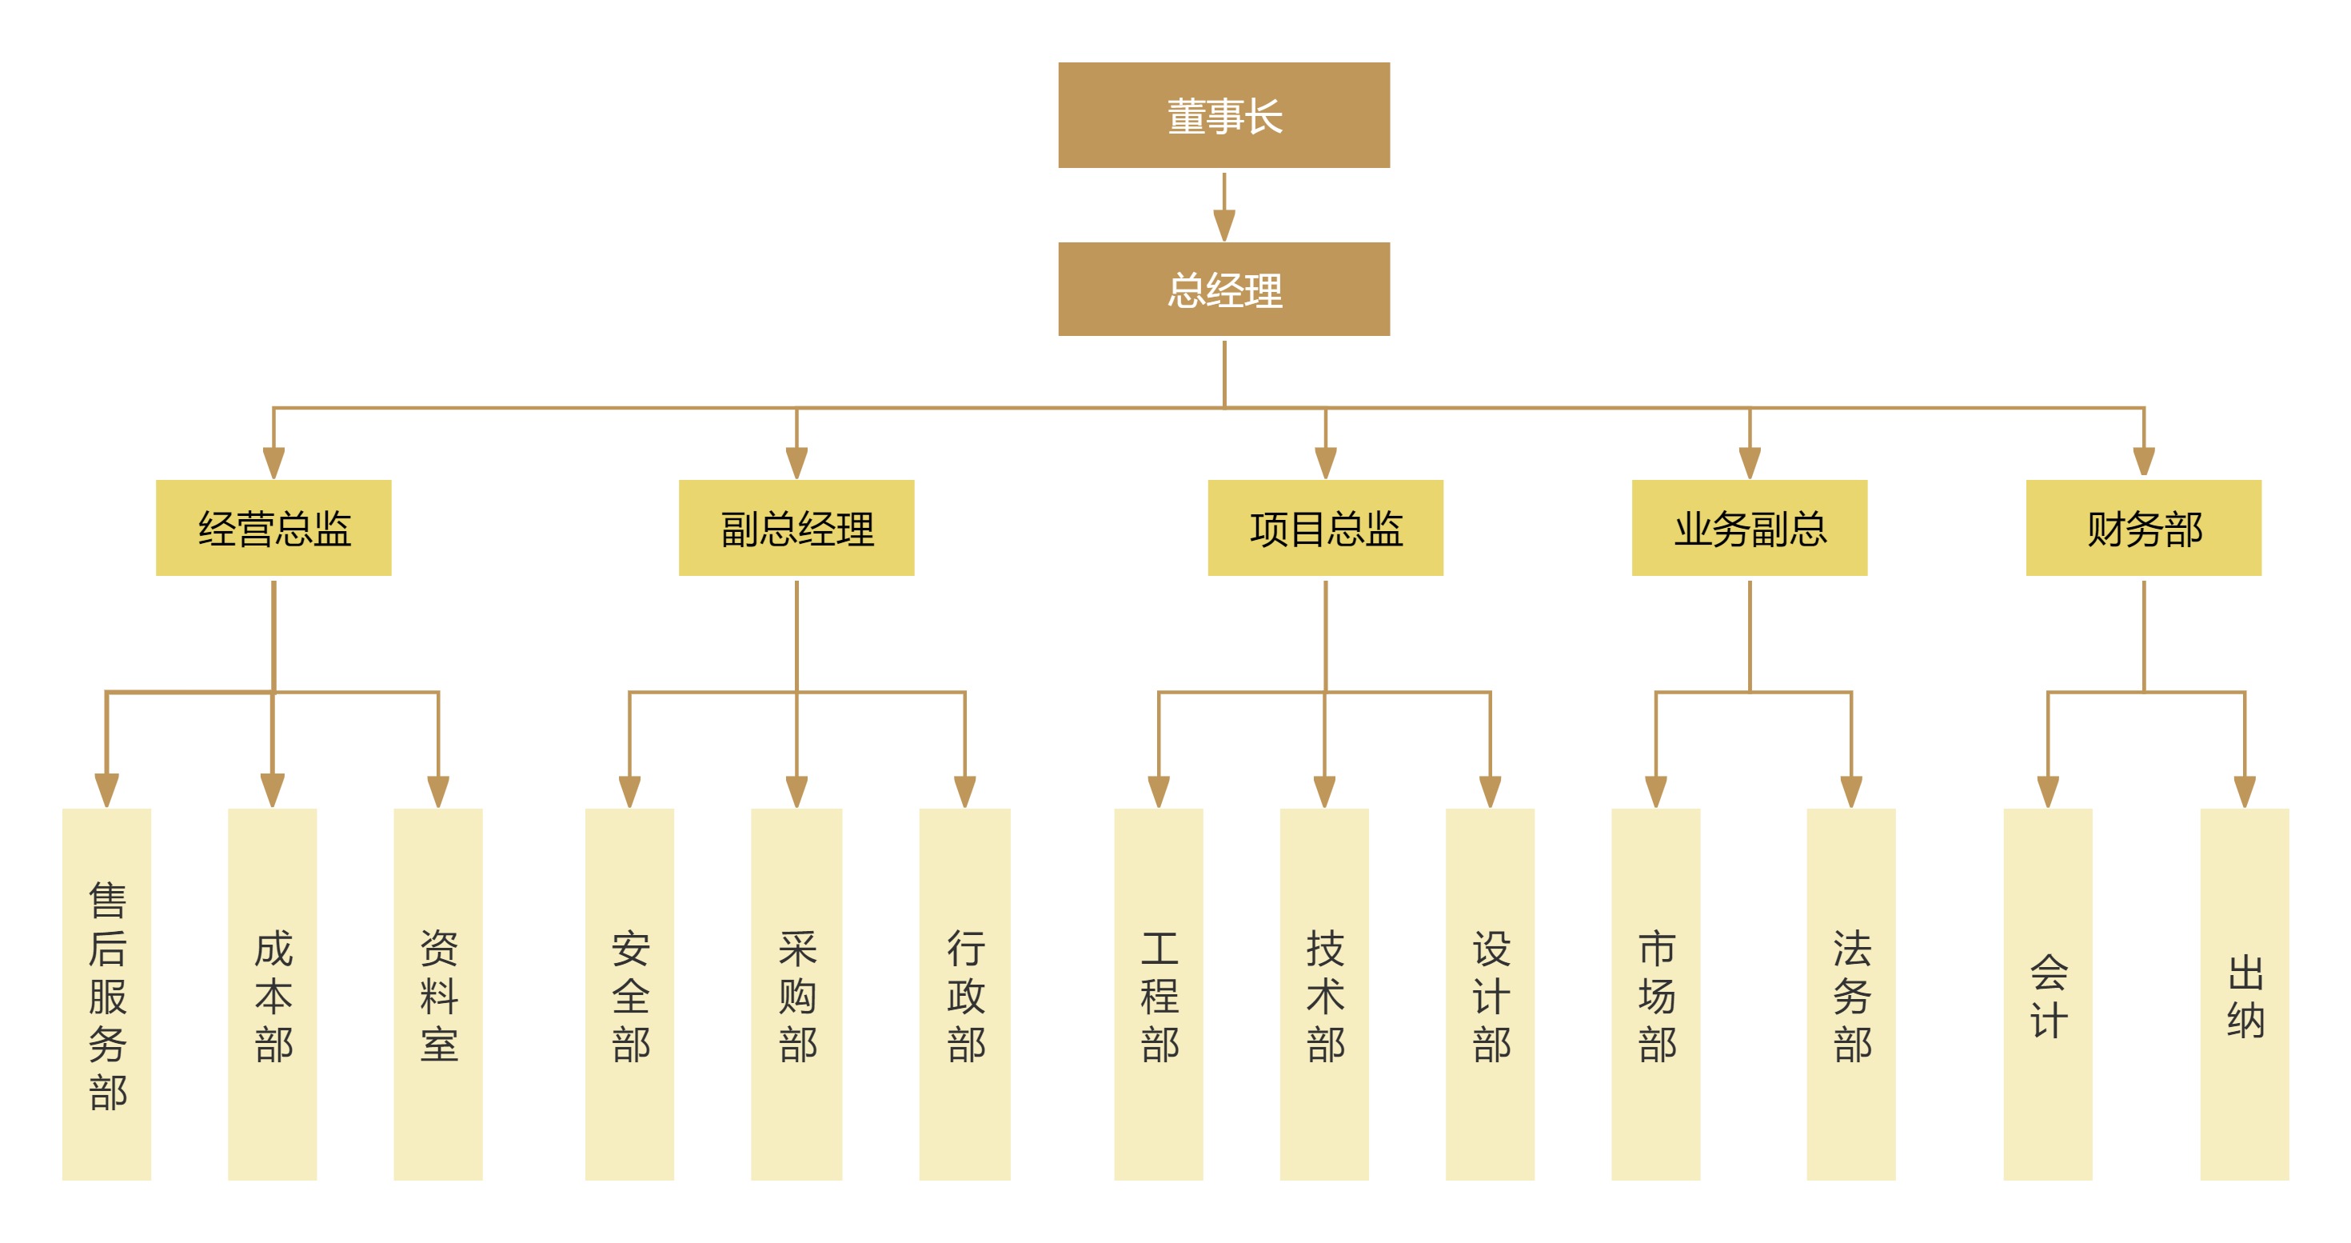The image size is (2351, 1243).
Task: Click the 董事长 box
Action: (x=1223, y=115)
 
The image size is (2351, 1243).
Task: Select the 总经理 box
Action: (x=1223, y=289)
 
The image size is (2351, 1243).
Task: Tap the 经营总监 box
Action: (x=273, y=527)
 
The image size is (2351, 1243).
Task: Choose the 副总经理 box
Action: (x=796, y=527)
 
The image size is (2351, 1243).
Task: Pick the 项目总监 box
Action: (x=1325, y=527)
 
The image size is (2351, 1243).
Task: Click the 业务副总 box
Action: (x=1749, y=527)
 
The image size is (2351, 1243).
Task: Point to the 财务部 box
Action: (x=2143, y=527)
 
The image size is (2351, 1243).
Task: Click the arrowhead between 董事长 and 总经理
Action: (x=1223, y=225)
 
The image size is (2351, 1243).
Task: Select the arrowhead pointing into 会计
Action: (x=2048, y=790)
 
